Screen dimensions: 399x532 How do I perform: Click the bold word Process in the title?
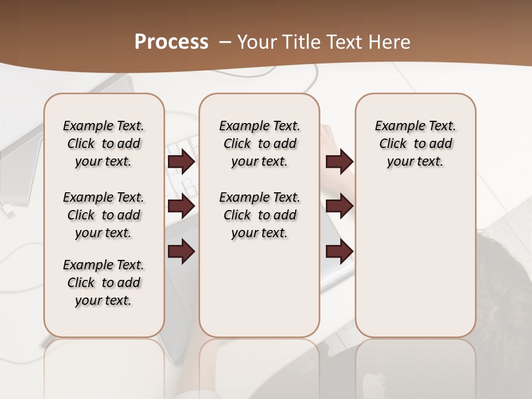171,42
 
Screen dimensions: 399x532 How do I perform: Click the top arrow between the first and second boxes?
181,162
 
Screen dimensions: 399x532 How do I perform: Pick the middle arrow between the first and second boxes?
181,206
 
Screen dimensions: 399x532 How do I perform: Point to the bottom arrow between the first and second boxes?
181,251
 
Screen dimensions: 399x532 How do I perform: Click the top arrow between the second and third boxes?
339,162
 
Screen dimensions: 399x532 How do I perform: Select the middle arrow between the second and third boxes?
339,206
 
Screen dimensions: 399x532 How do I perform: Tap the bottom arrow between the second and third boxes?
339,251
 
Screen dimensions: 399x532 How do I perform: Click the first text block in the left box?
104,144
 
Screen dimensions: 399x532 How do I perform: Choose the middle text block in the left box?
104,215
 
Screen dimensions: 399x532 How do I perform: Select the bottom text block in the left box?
104,283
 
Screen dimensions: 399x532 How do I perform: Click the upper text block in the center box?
259,144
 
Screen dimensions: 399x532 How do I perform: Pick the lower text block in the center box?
259,215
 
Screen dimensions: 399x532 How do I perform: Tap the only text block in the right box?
416,144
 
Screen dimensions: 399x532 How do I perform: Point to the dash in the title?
225,42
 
